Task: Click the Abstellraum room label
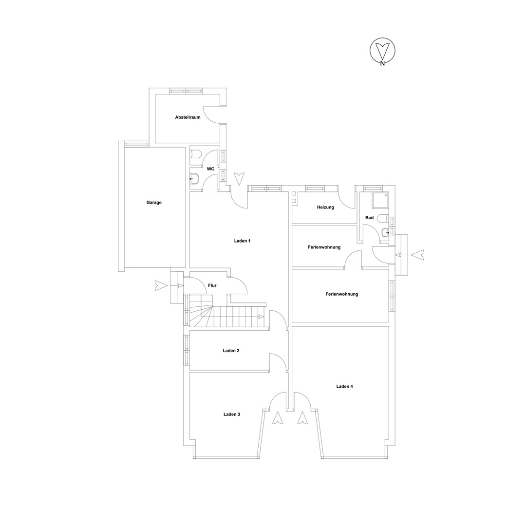[188, 117]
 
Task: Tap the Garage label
[154, 203]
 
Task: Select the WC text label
[210, 169]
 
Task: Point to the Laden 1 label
[242, 241]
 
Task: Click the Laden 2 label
[231, 351]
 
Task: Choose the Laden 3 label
[232, 414]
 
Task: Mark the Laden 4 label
[344, 386]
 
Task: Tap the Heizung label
[325, 207]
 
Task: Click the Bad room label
[369, 218]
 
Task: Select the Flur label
[212, 285]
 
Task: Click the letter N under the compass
[382, 64]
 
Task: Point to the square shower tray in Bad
[380, 201]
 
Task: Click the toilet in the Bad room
[383, 218]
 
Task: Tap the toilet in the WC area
[196, 155]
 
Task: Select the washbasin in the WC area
[194, 179]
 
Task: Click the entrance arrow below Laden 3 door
[278, 418]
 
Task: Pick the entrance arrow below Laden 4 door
[302, 418]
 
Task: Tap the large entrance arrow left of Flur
[161, 285]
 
